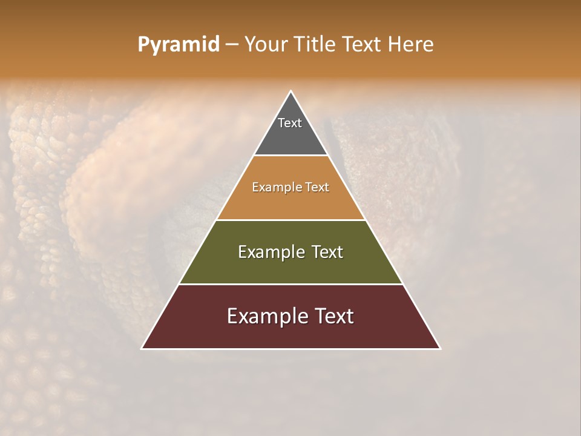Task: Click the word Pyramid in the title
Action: [178, 45]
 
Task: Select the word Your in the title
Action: [267, 45]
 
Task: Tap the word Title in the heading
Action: [315, 45]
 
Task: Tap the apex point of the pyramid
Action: [291, 91]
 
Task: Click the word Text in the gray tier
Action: [290, 123]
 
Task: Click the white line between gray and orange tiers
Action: [290, 156]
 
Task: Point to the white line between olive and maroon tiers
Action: [290, 284]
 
